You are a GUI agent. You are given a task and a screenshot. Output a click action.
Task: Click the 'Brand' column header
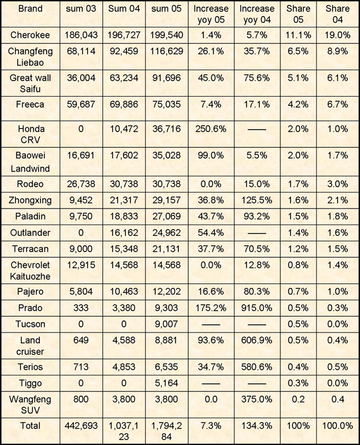30,8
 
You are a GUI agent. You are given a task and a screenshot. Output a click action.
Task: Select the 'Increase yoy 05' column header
211,14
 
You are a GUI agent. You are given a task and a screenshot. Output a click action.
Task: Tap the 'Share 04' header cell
337,14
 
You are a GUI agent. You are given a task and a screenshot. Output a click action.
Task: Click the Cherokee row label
30,35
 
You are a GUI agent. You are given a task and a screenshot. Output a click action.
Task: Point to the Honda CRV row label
31,134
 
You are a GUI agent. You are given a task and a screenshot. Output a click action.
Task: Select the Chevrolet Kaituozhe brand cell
30,271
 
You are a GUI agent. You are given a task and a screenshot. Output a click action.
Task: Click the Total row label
30,425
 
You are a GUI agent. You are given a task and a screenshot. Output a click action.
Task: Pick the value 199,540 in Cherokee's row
166,35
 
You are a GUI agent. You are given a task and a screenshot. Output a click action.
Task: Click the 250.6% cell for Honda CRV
210,129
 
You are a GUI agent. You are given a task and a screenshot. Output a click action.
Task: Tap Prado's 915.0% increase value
256,308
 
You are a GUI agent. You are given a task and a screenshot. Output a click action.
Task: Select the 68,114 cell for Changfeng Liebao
81,51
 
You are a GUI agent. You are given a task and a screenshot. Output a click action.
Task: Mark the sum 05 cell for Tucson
166,324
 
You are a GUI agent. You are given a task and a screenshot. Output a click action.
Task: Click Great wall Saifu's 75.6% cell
256,78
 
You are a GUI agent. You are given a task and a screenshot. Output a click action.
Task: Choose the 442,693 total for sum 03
81,425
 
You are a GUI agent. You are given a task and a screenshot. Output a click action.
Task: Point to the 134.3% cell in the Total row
256,425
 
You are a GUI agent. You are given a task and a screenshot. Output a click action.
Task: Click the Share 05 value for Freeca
298,104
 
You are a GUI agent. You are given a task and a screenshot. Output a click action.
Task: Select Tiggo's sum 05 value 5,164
166,383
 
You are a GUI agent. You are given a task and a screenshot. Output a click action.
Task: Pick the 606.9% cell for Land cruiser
256,340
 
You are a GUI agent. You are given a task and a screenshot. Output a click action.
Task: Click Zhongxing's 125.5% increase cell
256,200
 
